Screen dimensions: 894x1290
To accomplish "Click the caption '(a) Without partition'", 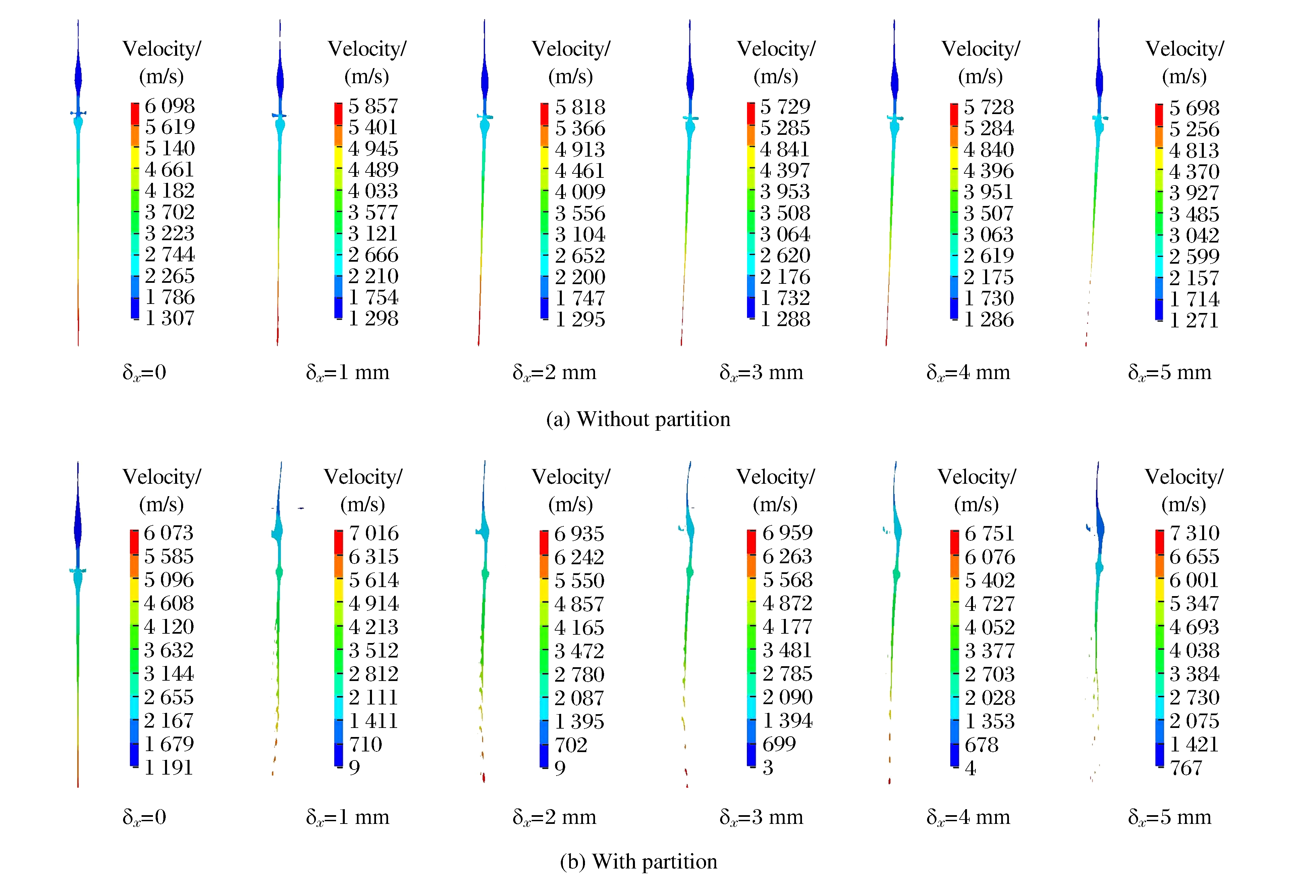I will click(638, 419).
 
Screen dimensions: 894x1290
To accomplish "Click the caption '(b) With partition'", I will click(638, 861).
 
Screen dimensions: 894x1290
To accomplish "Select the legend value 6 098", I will click(170, 106).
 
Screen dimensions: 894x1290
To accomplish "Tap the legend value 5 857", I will click(373, 106).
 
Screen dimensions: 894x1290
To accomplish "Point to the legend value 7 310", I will click(1194, 533).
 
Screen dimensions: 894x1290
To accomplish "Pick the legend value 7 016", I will click(374, 533).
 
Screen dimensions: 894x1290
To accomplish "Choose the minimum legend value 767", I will click(1186, 768).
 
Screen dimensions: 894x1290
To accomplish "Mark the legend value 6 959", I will click(787, 533).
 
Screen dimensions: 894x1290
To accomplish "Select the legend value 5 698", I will click(1194, 108).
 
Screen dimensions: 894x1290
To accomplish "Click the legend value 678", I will click(981, 744).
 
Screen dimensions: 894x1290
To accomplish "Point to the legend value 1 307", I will click(170, 318).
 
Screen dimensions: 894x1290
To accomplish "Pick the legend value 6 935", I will click(579, 534).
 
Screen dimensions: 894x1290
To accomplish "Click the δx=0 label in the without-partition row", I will click(145, 372).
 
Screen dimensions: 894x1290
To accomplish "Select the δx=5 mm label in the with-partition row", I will click(1170, 817).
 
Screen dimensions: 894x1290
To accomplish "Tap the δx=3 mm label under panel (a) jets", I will click(761, 372).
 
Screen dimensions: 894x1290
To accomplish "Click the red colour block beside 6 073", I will click(135, 542).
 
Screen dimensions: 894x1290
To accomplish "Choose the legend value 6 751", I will click(989, 533).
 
